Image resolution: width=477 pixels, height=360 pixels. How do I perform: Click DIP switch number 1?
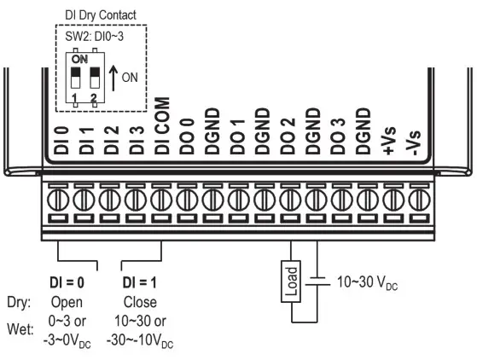[x=75, y=80]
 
